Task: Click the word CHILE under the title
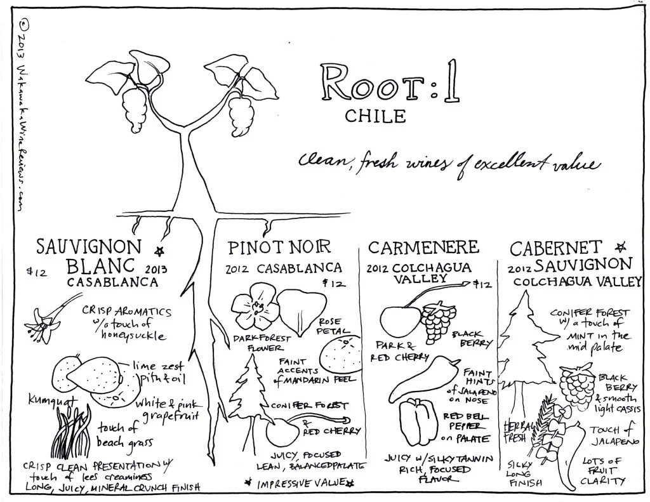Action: point(375,116)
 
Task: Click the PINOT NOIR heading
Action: point(280,247)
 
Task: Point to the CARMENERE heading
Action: point(423,247)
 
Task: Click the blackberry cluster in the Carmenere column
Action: point(439,322)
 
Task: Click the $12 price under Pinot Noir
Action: point(334,283)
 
